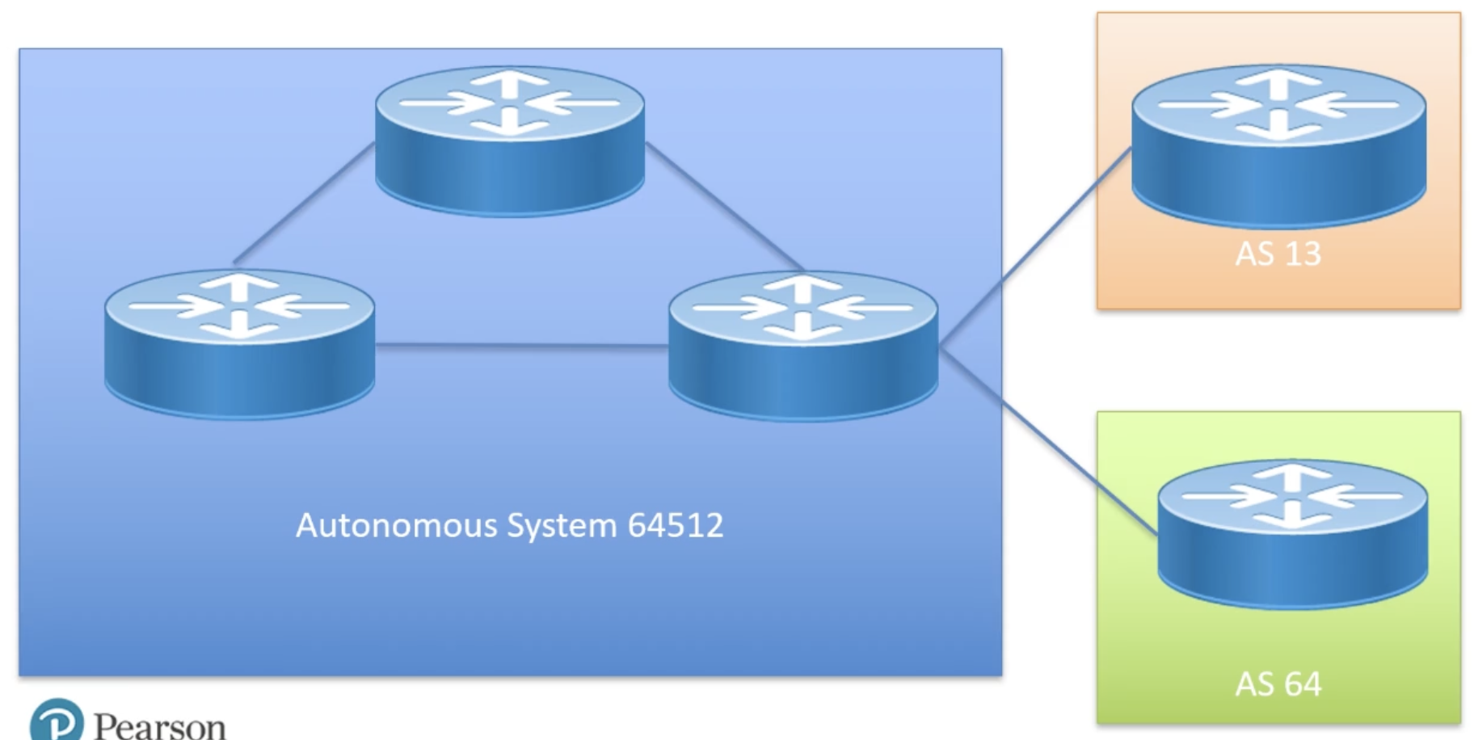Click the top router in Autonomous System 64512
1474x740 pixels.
pos(510,141)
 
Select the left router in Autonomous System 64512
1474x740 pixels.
pos(239,343)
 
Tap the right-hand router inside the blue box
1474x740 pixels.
pos(803,345)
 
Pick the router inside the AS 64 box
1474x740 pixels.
pos(1292,533)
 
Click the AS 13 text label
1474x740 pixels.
pos(1278,254)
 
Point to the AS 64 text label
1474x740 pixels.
pos(1278,684)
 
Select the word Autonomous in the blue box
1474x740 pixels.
pos(396,525)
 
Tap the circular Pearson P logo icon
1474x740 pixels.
pos(57,721)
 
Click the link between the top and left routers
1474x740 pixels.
pos(303,204)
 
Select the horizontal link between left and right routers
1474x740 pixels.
pos(521,346)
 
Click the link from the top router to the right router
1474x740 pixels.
pos(725,207)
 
